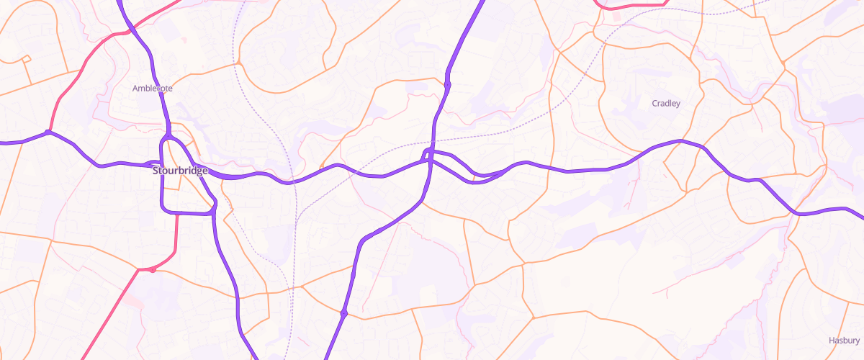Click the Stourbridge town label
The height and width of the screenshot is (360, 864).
click(180, 171)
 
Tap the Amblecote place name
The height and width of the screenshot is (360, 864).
click(153, 88)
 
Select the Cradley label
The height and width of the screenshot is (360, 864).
click(666, 103)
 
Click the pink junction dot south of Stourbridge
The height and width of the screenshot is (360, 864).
click(153, 269)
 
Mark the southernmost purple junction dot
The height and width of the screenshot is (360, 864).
click(344, 313)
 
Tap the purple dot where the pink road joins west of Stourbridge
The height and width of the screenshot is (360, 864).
click(48, 132)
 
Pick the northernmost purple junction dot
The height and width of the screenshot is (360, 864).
click(448, 85)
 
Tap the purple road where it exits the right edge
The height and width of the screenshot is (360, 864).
click(858, 213)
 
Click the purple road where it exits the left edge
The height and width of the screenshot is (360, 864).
click(6, 143)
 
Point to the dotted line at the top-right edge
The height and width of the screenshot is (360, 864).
click(756, 6)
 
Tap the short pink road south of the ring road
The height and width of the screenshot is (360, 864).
click(177, 238)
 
